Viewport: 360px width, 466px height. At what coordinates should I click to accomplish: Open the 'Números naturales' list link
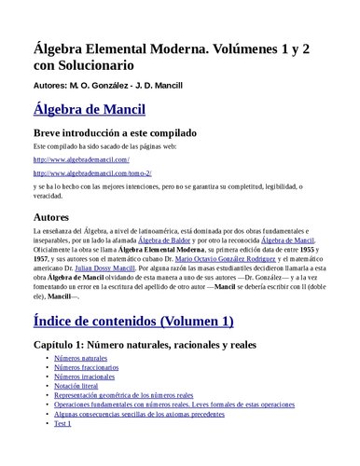pos(81,358)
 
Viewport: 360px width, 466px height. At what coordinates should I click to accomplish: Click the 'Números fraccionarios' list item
pos(86,368)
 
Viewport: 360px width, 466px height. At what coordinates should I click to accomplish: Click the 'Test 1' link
pos(62,424)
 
